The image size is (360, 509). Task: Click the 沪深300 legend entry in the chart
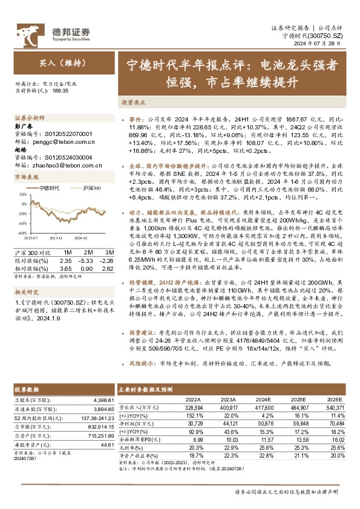tap(90, 189)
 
